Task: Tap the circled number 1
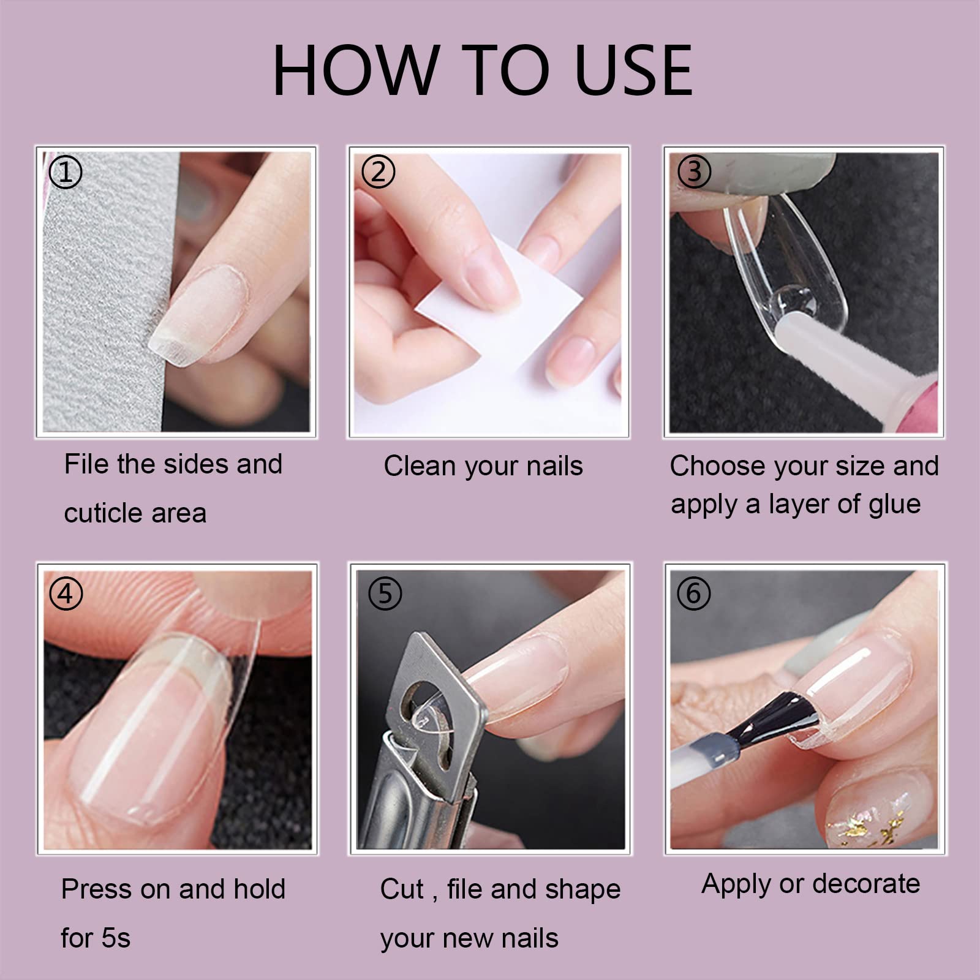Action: [x=65, y=172]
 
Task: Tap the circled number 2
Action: [x=379, y=171]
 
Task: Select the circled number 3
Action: [x=694, y=171]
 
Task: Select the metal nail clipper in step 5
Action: [x=423, y=735]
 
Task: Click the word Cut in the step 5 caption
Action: [x=401, y=889]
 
